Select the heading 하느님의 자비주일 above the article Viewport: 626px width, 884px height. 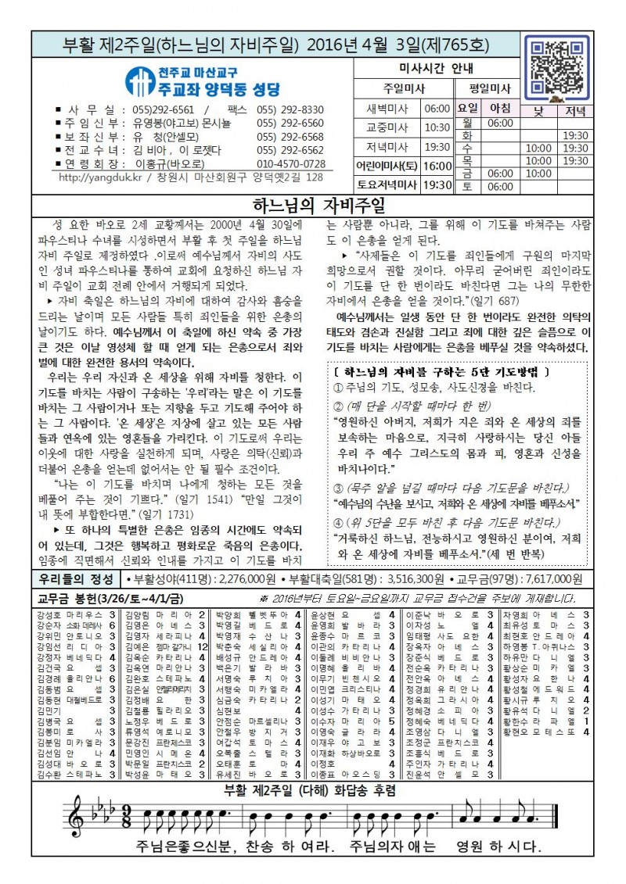(x=318, y=206)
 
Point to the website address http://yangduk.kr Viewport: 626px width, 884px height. (x=94, y=177)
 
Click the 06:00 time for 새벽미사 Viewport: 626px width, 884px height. (x=437, y=109)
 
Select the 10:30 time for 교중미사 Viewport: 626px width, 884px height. (x=437, y=127)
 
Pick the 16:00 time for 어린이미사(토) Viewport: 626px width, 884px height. (x=437, y=166)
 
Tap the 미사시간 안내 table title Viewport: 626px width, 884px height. (x=426, y=68)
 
